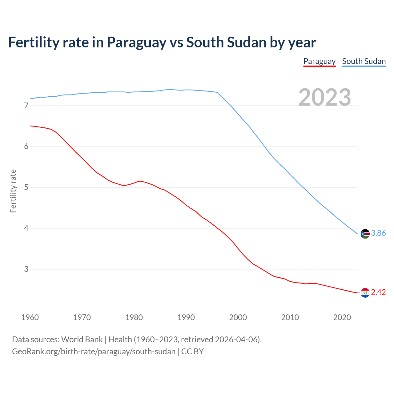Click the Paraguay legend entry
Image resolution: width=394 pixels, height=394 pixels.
tap(319, 61)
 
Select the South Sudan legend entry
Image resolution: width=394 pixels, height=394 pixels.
tap(364, 61)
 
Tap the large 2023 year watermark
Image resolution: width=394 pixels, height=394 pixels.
tap(325, 97)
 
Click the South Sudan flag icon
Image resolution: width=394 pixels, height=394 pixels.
tap(365, 234)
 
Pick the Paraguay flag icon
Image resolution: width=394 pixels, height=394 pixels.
tap(365, 292)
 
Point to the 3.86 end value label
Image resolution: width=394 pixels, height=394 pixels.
tap(378, 233)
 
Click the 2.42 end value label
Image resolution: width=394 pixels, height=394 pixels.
tap(378, 292)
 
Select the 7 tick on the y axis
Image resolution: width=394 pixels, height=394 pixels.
tap(26, 106)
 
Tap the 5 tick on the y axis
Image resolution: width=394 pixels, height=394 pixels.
tap(26, 187)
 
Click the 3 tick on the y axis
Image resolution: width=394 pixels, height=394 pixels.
tap(26, 269)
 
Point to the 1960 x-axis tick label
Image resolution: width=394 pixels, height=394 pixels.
tap(30, 317)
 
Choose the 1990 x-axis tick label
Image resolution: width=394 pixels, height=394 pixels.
tap(186, 317)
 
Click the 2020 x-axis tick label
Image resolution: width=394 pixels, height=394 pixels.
tap(342, 317)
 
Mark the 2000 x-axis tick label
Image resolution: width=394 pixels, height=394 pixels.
tap(238, 317)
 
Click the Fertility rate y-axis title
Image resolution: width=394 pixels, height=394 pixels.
tap(13, 191)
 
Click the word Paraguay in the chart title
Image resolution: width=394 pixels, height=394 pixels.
tap(136, 42)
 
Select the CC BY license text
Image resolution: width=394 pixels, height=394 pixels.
tap(192, 352)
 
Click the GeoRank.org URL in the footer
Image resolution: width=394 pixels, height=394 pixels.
tap(94, 352)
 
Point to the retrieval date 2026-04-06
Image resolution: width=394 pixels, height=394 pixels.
tap(237, 340)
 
